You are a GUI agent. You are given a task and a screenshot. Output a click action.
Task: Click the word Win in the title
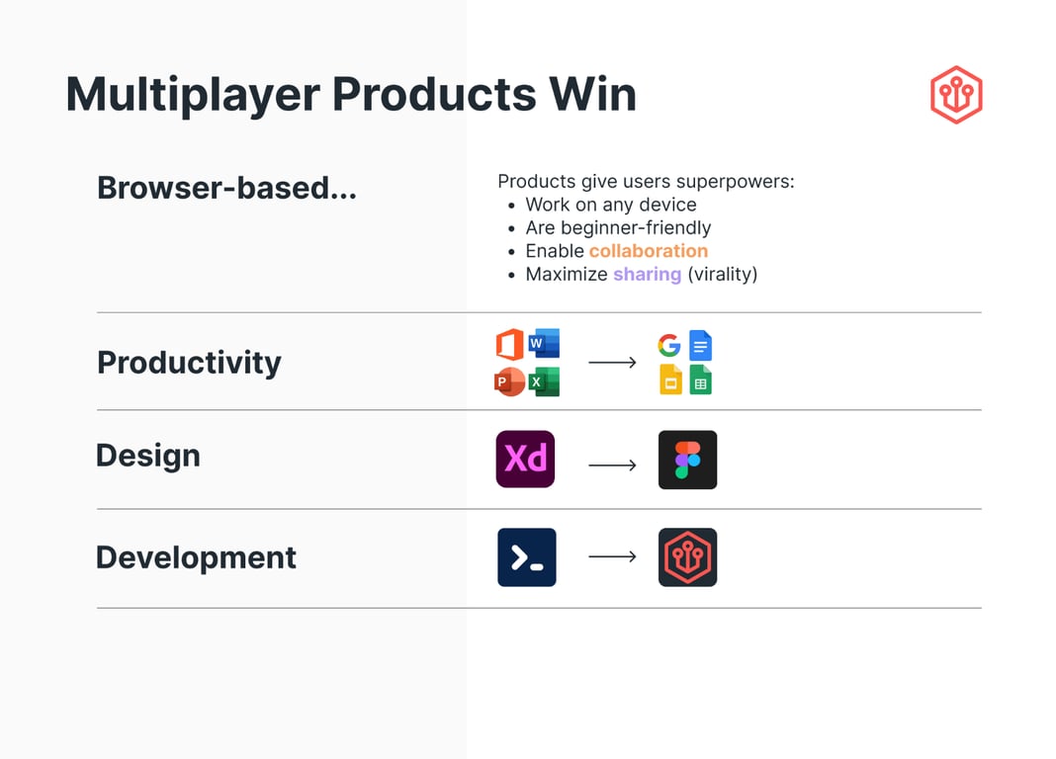click(x=593, y=94)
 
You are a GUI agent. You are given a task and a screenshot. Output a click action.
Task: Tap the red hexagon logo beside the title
click(x=956, y=94)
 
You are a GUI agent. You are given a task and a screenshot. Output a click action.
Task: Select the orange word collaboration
click(x=649, y=251)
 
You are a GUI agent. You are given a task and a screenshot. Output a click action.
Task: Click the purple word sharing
click(x=648, y=275)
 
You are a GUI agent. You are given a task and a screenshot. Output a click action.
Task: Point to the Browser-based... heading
click(x=227, y=188)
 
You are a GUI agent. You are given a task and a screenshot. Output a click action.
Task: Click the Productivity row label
click(x=189, y=363)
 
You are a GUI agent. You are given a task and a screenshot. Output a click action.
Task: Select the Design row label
click(x=148, y=456)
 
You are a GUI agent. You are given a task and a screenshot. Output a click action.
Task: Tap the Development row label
click(x=196, y=557)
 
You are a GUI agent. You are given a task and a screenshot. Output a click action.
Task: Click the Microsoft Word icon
click(x=544, y=343)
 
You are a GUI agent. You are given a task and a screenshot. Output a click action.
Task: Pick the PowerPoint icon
click(x=509, y=381)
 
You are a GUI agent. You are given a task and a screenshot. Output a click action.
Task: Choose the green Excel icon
click(x=544, y=381)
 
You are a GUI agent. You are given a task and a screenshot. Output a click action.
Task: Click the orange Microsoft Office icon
click(x=510, y=344)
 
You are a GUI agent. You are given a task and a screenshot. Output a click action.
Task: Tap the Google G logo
click(x=669, y=345)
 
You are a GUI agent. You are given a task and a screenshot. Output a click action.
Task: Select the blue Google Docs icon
click(x=700, y=345)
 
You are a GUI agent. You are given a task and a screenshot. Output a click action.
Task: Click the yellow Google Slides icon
click(x=670, y=379)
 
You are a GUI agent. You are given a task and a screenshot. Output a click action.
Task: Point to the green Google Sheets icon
click(x=700, y=379)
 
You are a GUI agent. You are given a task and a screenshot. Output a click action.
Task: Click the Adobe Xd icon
click(x=525, y=459)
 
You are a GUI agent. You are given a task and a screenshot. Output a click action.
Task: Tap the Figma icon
click(x=687, y=460)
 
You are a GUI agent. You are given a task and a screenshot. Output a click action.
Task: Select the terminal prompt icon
click(x=527, y=557)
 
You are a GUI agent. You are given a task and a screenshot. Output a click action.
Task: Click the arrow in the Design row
click(x=612, y=464)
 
